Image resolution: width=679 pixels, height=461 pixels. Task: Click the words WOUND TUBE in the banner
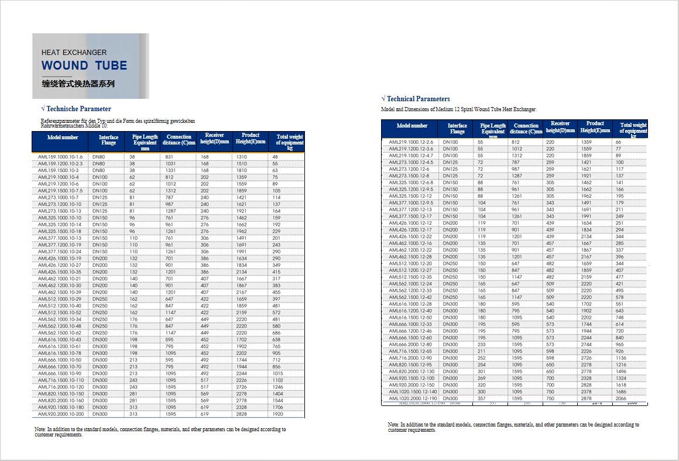point(84,66)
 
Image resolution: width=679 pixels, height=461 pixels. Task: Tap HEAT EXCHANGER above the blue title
point(74,53)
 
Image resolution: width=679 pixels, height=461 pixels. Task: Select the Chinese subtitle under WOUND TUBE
point(78,84)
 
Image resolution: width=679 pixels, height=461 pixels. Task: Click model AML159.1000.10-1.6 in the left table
point(60,157)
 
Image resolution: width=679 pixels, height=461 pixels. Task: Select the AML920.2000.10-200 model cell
point(61,414)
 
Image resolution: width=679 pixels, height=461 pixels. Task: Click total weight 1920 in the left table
point(277,414)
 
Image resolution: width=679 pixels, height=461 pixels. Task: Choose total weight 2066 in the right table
point(621,398)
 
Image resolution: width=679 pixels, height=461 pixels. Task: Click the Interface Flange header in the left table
point(108,140)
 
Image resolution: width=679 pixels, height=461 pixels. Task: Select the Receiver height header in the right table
point(560,127)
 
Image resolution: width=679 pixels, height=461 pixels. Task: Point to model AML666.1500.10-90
point(60,373)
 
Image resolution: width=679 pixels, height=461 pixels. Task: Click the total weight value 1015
point(277,373)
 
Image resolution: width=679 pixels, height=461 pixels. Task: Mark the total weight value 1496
point(621,371)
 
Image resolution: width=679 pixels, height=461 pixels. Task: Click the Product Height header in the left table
point(251,138)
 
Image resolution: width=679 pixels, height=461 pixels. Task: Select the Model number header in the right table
point(412,126)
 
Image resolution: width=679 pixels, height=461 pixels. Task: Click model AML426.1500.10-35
point(60,272)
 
